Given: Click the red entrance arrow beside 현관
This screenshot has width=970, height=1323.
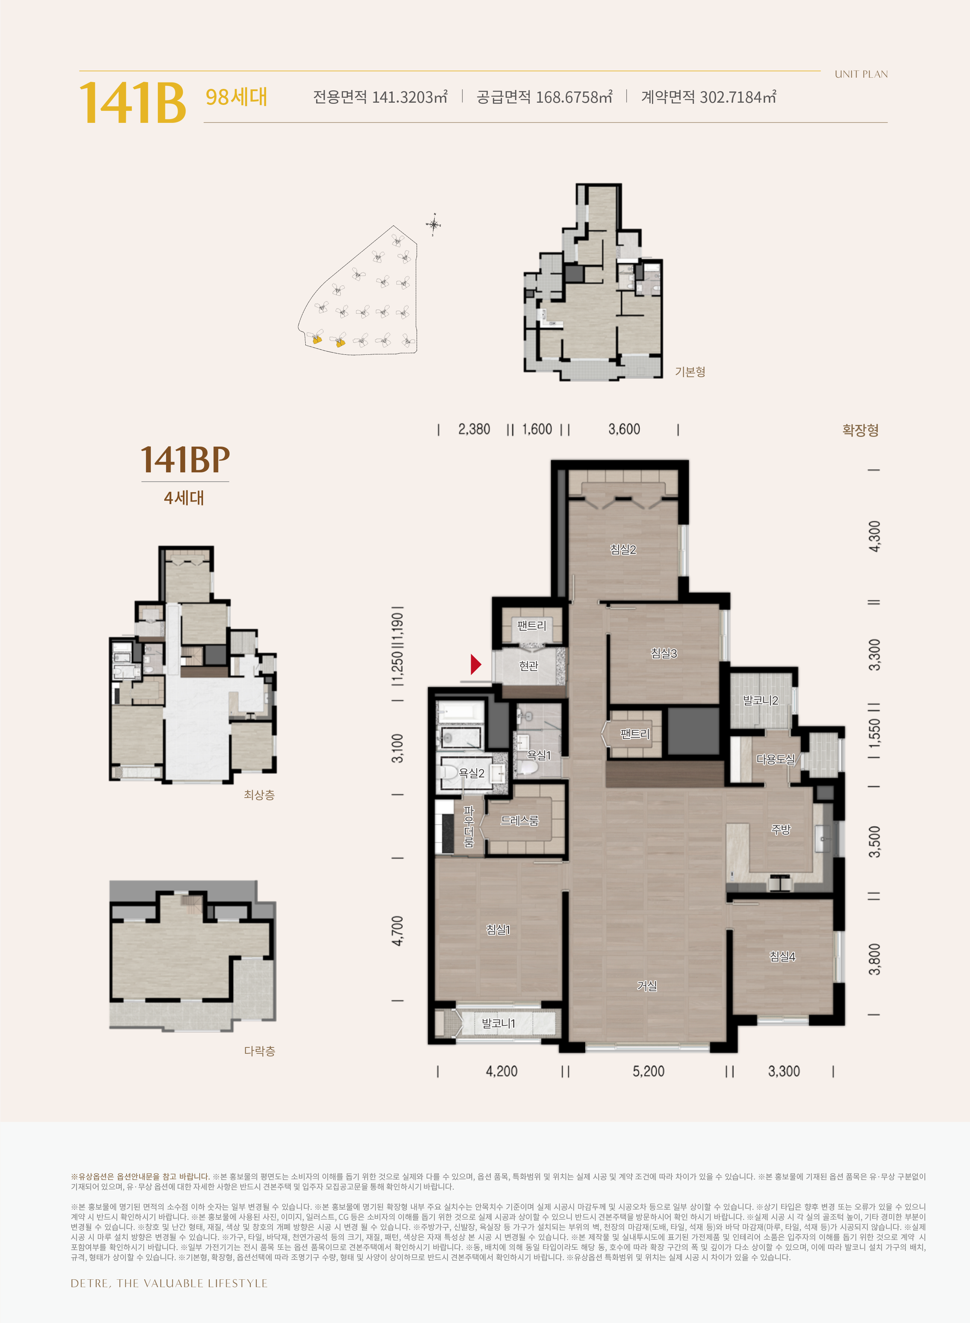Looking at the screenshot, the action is [x=475, y=664].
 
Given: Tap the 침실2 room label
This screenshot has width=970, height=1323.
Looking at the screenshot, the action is [x=623, y=549].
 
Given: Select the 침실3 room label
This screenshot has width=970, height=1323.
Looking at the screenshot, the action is [x=664, y=653].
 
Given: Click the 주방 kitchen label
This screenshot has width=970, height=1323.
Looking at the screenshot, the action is [x=781, y=829].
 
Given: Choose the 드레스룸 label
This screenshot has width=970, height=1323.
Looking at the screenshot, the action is [x=520, y=821].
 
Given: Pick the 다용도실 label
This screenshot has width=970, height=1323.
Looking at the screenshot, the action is [x=776, y=759].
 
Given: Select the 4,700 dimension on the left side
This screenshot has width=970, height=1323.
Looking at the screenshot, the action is [x=397, y=931].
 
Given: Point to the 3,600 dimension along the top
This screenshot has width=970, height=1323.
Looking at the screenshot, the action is [x=624, y=429].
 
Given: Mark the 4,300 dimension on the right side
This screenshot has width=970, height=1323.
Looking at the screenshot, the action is [x=874, y=536].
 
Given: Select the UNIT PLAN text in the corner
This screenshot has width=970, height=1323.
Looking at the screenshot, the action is [x=861, y=74].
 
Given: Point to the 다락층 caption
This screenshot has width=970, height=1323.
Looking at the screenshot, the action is [x=259, y=1051].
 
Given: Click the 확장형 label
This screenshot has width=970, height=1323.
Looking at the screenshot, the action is [x=860, y=430].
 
